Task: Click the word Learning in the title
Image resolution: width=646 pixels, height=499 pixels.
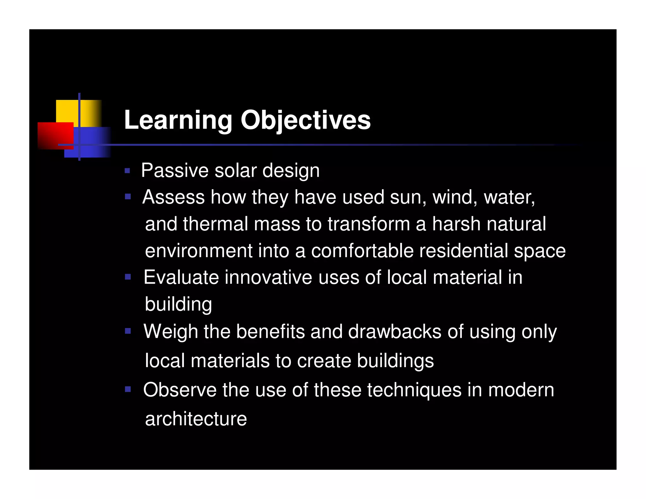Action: click(x=178, y=120)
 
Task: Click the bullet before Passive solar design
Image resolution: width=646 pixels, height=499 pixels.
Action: click(x=127, y=171)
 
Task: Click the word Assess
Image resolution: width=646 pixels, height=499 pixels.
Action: click(x=173, y=197)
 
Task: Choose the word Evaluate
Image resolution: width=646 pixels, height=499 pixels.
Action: click(x=181, y=278)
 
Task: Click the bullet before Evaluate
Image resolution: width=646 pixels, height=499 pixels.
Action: click(x=127, y=277)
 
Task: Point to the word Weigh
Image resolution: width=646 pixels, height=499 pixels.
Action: click(x=171, y=332)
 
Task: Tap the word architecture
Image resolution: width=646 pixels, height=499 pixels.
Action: click(x=196, y=419)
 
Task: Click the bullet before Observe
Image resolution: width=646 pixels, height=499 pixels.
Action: click(x=127, y=389)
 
